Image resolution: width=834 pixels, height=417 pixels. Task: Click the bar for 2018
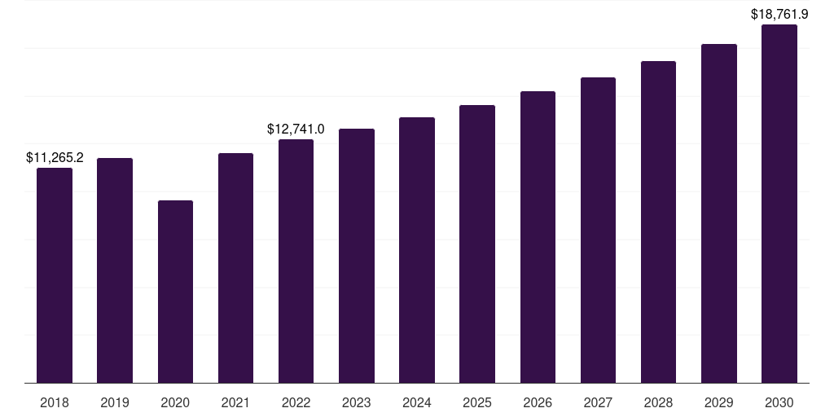pyautogui.click(x=55, y=275)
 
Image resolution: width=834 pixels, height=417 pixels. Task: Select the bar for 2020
pyautogui.click(x=175, y=292)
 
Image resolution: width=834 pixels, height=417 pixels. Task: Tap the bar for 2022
pyautogui.click(x=296, y=261)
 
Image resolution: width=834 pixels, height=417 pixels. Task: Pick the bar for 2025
pyautogui.click(x=477, y=244)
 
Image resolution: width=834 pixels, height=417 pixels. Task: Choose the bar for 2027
pyautogui.click(x=598, y=230)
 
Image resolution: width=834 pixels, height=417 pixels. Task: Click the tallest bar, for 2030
pyautogui.click(x=779, y=204)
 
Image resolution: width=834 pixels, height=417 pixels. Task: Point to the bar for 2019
pyautogui.click(x=114, y=270)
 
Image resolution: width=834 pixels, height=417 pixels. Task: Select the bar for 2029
pyautogui.click(x=719, y=213)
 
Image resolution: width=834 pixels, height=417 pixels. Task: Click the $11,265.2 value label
pyautogui.click(x=55, y=157)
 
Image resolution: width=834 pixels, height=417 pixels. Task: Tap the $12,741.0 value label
pyautogui.click(x=296, y=129)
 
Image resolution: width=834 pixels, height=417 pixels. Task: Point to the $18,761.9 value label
pyautogui.click(x=779, y=15)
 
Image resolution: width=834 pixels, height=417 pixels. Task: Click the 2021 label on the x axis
pyautogui.click(x=235, y=402)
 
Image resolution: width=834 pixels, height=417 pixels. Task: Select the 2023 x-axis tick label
pyautogui.click(x=357, y=402)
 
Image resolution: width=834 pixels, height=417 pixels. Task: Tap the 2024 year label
pyautogui.click(x=417, y=402)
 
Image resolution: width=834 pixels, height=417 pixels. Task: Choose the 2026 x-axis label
pyautogui.click(x=538, y=402)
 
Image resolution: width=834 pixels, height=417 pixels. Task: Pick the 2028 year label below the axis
pyautogui.click(x=658, y=402)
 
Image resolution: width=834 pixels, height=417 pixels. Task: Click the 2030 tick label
pyautogui.click(x=779, y=402)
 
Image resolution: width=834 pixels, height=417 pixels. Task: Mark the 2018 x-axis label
pyautogui.click(x=55, y=402)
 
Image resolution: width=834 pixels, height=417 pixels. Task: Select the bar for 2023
pyautogui.click(x=357, y=256)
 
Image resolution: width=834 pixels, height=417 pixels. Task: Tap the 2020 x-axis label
pyautogui.click(x=175, y=402)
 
